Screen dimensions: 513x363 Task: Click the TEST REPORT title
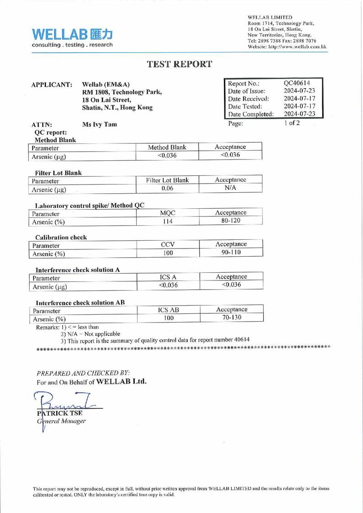point(179,64)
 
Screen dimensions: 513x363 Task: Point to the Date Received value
point(300,98)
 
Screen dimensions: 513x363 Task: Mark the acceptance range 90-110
point(230,253)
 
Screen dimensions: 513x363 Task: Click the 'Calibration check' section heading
point(60,237)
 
